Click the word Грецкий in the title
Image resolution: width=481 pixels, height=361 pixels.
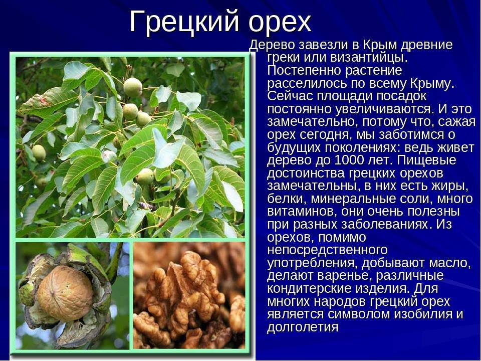(x=184, y=22)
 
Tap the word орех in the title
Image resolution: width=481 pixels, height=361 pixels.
(x=280, y=23)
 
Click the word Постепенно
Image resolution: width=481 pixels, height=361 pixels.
(x=304, y=71)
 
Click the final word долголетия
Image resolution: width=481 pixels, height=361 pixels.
(x=303, y=327)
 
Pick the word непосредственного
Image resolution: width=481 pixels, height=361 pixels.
(x=327, y=250)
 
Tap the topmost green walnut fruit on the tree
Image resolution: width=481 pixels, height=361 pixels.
(x=133, y=87)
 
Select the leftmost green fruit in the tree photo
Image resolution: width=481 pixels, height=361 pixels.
(x=39, y=152)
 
